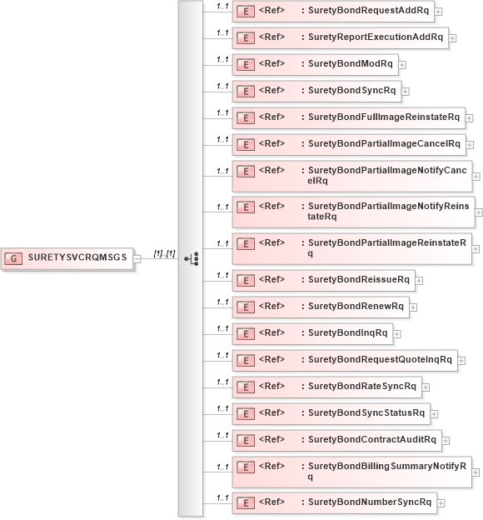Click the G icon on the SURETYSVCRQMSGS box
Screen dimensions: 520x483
point(14,257)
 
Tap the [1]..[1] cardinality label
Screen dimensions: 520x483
point(164,253)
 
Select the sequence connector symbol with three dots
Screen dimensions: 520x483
point(192,258)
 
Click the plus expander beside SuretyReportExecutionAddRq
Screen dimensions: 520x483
point(453,38)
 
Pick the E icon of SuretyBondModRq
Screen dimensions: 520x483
point(246,64)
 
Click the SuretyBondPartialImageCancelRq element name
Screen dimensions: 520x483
point(384,143)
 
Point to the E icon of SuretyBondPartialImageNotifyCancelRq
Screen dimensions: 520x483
point(246,171)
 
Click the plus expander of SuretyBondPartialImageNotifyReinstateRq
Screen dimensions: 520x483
point(479,212)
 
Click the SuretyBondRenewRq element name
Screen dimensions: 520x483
point(356,306)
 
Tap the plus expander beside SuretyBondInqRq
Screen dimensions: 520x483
point(398,334)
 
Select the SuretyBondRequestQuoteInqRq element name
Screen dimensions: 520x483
point(380,360)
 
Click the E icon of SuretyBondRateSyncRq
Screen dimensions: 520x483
point(246,387)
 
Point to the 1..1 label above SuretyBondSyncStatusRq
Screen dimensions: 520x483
point(222,407)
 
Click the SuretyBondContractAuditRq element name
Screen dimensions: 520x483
point(371,439)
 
